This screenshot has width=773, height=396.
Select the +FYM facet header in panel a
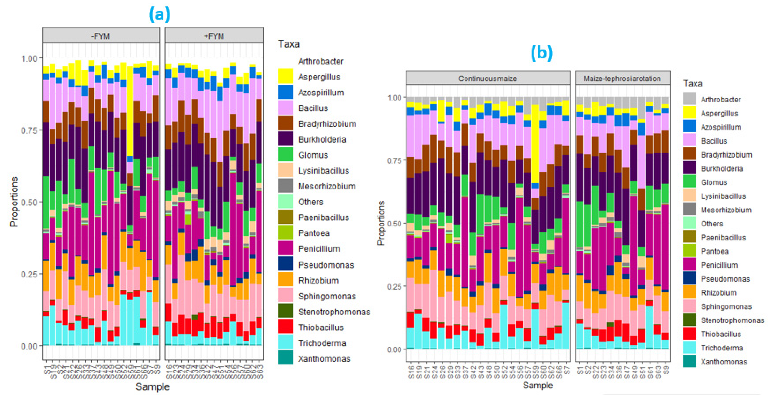(214, 36)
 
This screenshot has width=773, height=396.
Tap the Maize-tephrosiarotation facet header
(622, 78)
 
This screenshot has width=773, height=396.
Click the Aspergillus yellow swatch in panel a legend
(285, 76)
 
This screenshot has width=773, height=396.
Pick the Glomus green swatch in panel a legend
(285, 155)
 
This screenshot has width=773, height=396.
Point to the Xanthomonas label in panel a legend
(324, 359)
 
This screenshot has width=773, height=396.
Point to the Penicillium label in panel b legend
(719, 265)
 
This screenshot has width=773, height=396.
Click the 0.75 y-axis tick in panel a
(29, 130)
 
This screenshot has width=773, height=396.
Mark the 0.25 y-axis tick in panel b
(394, 286)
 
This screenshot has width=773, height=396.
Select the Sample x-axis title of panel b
(537, 385)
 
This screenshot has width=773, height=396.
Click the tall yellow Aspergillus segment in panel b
(535, 144)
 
